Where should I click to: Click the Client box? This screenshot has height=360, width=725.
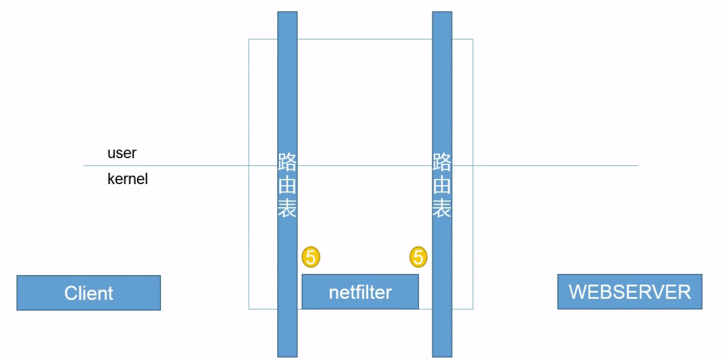tap(89, 293)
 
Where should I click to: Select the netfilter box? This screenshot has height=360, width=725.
tap(360, 292)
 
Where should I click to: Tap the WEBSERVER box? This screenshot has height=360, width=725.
tap(630, 292)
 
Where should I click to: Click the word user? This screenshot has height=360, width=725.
tap(122, 153)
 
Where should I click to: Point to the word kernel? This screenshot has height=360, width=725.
tap(127, 179)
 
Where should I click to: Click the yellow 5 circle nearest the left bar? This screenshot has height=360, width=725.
tap(311, 257)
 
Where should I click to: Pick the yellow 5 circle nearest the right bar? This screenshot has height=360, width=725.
tap(418, 257)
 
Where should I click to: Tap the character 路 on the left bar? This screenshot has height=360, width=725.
tap(287, 162)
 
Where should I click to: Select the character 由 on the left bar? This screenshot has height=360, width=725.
tap(287, 185)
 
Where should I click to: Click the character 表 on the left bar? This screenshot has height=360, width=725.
tap(287, 208)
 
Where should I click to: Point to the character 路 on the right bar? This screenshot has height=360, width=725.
tap(442, 162)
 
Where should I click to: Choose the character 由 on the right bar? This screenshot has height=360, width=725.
tap(442, 185)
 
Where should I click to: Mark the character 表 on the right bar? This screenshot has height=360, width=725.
tap(442, 208)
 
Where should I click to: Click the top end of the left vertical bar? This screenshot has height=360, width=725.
tap(287, 12)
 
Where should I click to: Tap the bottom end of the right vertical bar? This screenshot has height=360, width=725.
tap(442, 357)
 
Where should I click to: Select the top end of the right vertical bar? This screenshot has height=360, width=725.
tap(442, 12)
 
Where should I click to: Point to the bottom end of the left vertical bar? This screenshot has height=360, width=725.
tap(287, 357)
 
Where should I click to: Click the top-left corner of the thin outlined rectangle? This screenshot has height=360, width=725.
tap(249, 39)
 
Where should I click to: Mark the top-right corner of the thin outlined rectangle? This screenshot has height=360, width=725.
tap(473, 39)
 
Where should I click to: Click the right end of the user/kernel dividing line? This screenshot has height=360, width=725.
tap(638, 165)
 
